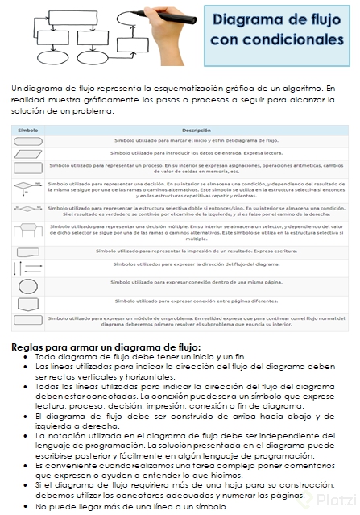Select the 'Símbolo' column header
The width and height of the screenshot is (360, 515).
click(x=28, y=130)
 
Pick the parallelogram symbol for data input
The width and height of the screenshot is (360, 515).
click(x=27, y=152)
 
